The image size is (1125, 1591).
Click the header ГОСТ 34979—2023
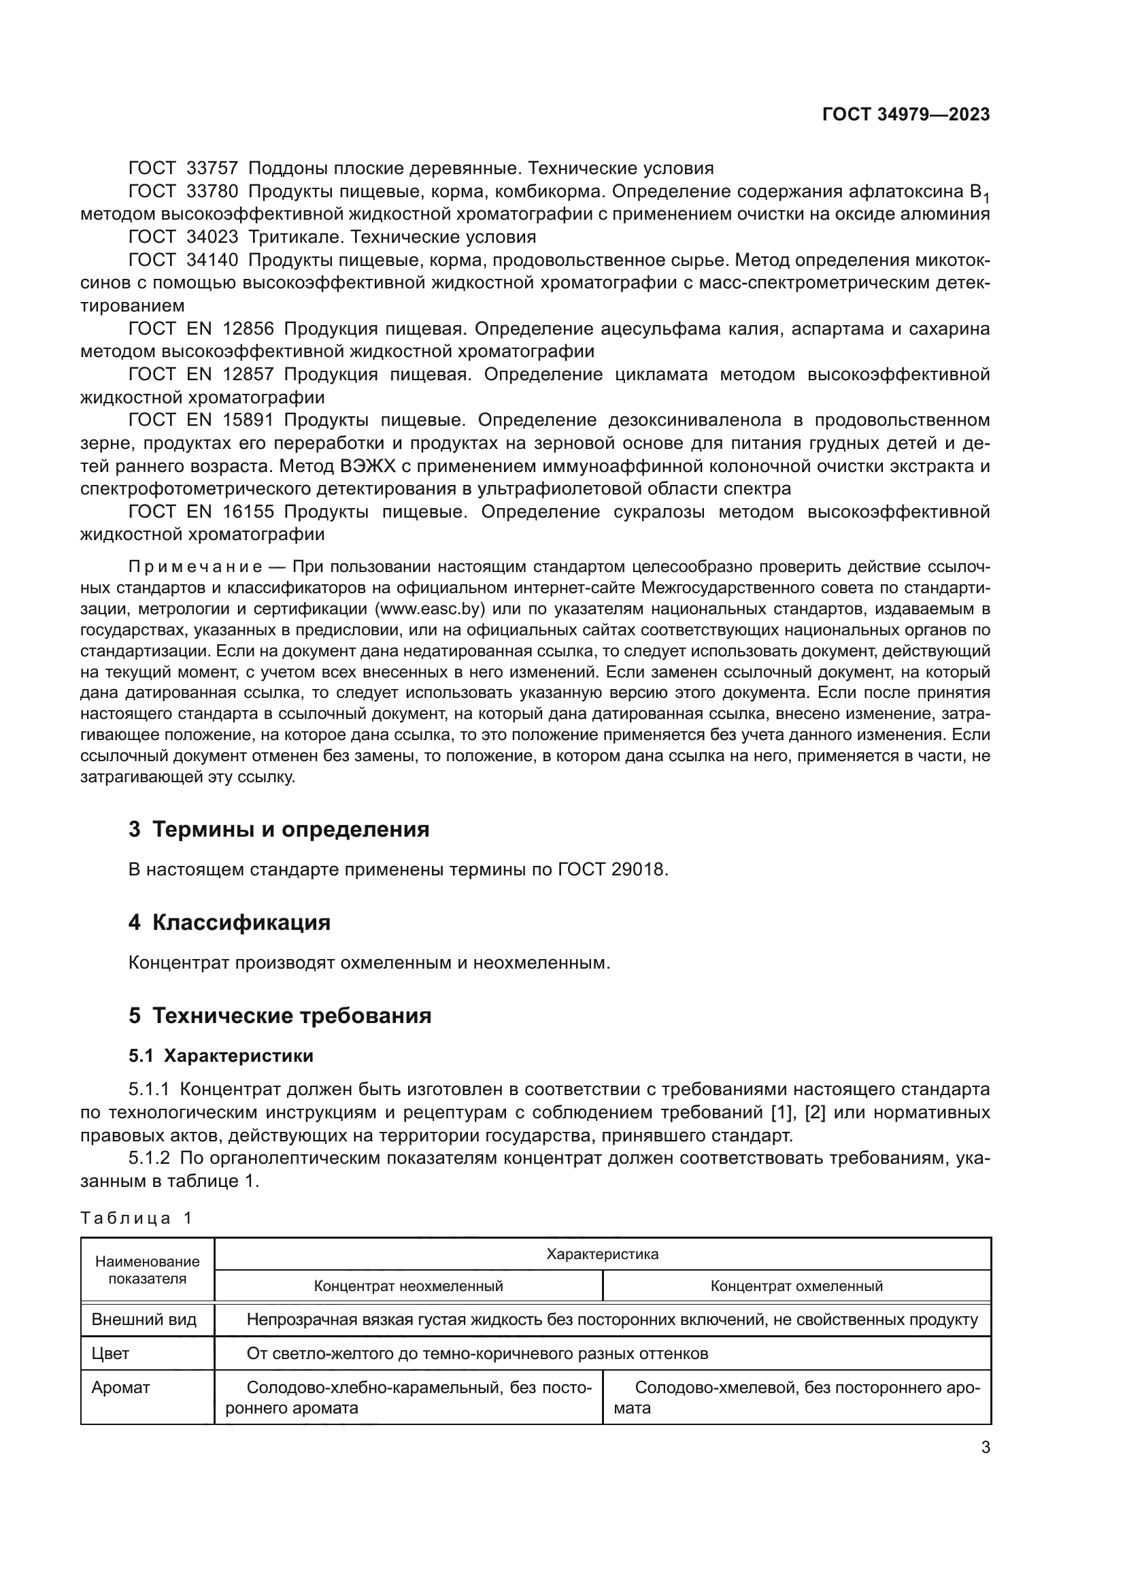pos(905,114)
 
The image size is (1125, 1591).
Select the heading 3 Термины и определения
pos(278,829)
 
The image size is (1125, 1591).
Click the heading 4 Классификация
pos(229,923)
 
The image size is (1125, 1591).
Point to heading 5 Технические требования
pos(280,1016)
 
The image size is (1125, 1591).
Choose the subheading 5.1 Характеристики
pos(220,1056)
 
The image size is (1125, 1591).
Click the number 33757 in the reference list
pos(212,169)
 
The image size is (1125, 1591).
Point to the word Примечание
pos(195,567)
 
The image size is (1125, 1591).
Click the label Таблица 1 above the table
pos(136,1218)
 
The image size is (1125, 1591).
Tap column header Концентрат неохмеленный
pos(408,1286)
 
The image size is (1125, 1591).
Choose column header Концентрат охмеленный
pos(796,1286)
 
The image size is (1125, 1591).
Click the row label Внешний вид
pos(144,1320)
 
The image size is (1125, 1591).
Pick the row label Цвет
pos(111,1354)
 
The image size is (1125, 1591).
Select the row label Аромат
pos(120,1387)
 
